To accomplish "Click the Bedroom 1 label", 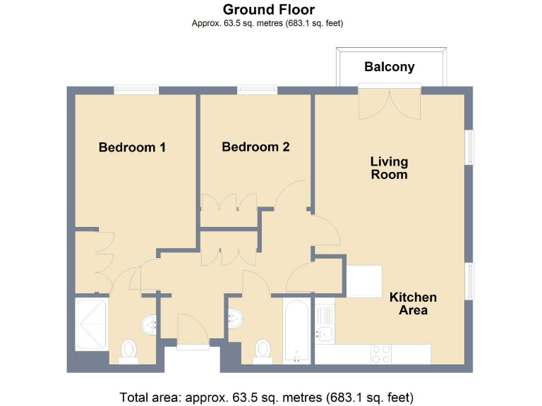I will [x=132, y=147].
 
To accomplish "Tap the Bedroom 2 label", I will [x=255, y=147].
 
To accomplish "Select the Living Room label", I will [x=389, y=168].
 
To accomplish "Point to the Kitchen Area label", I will [x=413, y=304].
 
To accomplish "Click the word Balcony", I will [x=389, y=68].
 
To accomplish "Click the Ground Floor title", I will [x=269, y=10].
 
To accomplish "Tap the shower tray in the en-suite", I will [x=91, y=324].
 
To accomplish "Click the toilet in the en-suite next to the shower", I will [x=129, y=349].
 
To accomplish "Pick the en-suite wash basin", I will [x=150, y=324].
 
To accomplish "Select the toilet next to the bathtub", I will [x=263, y=349].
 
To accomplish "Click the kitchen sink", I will [x=325, y=332].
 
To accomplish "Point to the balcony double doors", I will [x=390, y=102].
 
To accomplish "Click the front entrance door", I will [x=193, y=331].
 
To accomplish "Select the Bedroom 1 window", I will [x=136, y=90].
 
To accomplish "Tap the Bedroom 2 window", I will [x=257, y=90].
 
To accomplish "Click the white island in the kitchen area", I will [x=364, y=281].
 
